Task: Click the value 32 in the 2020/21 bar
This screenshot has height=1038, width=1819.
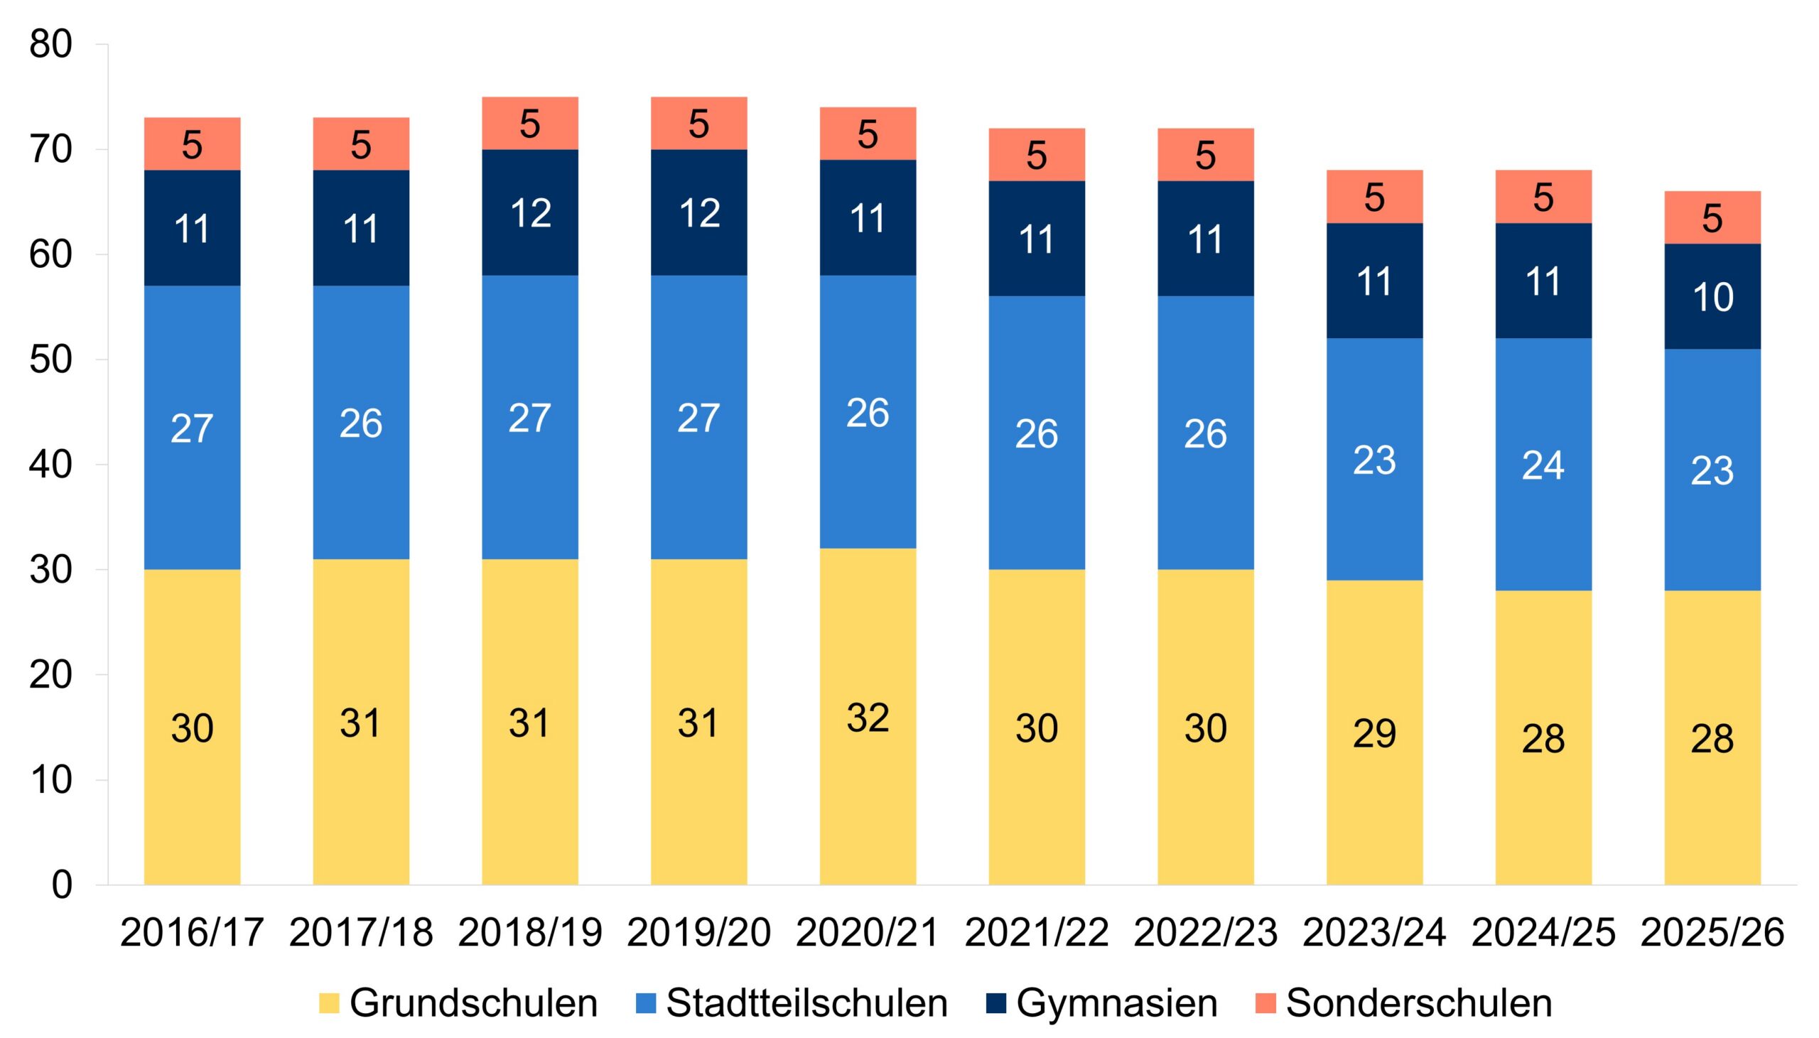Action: [868, 718]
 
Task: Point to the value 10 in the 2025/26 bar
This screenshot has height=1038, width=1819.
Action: [1712, 297]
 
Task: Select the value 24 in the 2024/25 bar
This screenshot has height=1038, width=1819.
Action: [1543, 465]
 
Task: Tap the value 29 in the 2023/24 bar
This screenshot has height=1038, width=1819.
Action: [1374, 734]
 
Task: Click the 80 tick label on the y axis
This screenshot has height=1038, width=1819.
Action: [50, 45]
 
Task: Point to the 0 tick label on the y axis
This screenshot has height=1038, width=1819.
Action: [62, 885]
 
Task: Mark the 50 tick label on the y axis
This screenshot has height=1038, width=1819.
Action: [50, 360]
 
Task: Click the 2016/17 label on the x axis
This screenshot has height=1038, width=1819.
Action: [192, 932]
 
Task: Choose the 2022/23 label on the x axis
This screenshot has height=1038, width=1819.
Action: [1205, 932]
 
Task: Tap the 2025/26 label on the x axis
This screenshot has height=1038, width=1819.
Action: [1712, 932]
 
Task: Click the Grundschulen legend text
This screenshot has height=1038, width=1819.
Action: [473, 1003]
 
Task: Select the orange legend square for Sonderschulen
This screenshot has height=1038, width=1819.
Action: [1265, 1003]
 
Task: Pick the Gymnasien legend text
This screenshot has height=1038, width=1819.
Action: [1116, 1003]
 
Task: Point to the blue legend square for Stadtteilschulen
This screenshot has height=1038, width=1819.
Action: [645, 1003]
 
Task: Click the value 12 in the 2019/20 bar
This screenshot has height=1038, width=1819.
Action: [698, 213]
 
